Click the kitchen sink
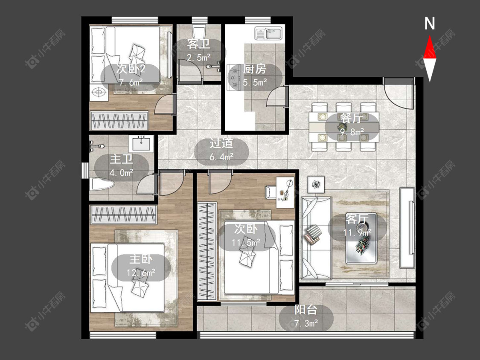[x=268, y=33]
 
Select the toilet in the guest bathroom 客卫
[x=198, y=32]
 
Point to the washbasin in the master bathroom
[x=141, y=144]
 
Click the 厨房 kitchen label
[x=255, y=69]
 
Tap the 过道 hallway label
[x=221, y=143]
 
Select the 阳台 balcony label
[x=306, y=310]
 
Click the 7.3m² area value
[x=306, y=323]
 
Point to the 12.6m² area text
[x=141, y=272]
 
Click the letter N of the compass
[x=430, y=23]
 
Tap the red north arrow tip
[x=430, y=36]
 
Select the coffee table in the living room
[x=361, y=238]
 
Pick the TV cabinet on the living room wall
[x=407, y=228]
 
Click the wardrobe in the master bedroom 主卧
[x=123, y=214]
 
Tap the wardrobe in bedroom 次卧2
[x=119, y=120]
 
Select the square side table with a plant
[x=316, y=185]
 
